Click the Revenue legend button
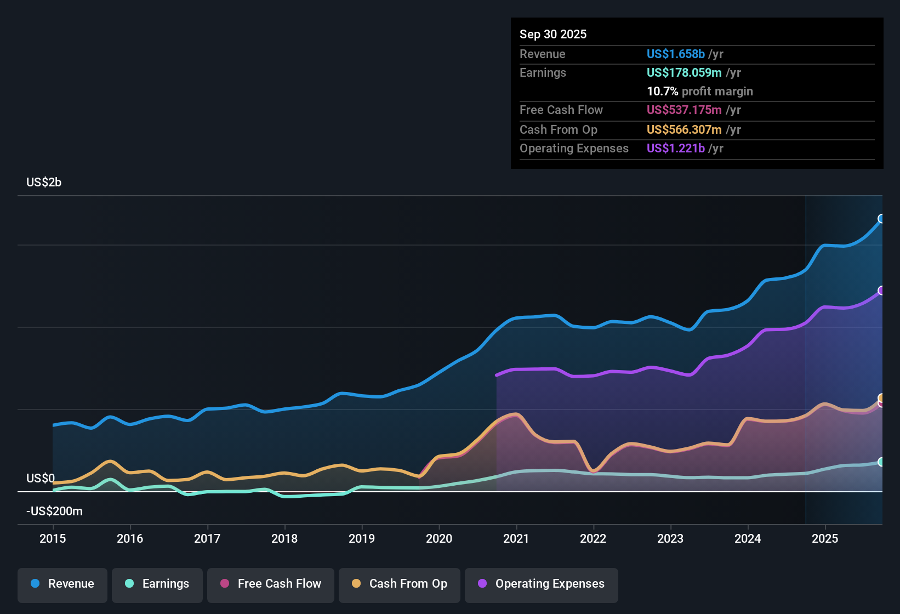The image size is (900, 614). [x=62, y=584]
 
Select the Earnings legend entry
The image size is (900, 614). [x=157, y=584]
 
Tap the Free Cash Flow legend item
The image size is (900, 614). [x=271, y=584]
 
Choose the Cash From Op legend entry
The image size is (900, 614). [x=400, y=584]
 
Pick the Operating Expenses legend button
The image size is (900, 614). [x=542, y=584]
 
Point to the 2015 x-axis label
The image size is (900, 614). [x=53, y=538]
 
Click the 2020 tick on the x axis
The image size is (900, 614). [x=439, y=538]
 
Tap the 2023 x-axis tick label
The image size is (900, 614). [x=670, y=538]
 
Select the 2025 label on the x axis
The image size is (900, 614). [x=825, y=538]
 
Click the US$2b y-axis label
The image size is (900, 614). [x=44, y=183]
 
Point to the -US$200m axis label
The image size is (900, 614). [x=54, y=511]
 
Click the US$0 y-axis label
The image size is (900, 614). [x=41, y=479]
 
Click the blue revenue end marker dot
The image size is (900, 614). [x=881, y=219]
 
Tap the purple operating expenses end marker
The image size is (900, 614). [x=881, y=291]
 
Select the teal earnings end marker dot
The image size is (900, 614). [x=881, y=462]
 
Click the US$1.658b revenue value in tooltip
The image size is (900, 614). [x=675, y=54]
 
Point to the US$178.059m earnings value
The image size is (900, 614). [x=684, y=73]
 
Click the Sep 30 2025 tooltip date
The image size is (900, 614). [x=553, y=35]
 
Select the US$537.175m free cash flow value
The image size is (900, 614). [x=684, y=110]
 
